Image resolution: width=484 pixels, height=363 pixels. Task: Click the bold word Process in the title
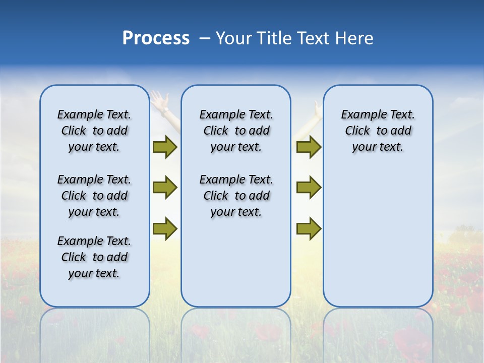[156, 38]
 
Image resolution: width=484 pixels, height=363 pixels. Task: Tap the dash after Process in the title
[205, 38]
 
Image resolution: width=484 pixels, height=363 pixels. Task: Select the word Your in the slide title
[233, 38]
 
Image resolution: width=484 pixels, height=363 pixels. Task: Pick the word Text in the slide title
[315, 38]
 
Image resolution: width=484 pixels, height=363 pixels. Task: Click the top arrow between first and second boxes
[165, 147]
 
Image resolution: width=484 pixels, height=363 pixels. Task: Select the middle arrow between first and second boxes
[165, 188]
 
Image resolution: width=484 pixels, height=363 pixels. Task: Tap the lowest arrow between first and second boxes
[165, 228]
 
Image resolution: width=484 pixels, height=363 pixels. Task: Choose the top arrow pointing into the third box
[309, 147]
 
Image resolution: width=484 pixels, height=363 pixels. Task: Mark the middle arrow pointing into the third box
[309, 188]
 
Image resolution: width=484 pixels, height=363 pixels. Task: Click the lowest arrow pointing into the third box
[309, 228]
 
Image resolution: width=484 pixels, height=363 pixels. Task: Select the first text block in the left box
[94, 131]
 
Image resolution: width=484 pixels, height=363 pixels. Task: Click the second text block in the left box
[94, 196]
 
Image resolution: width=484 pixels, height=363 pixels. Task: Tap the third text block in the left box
[94, 257]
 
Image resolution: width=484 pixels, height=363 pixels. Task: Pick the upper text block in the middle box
[236, 131]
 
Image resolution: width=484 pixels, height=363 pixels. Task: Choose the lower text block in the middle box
[236, 196]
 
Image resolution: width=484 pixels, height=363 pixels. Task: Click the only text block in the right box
[378, 131]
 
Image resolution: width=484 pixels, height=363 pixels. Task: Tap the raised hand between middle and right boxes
[316, 110]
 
